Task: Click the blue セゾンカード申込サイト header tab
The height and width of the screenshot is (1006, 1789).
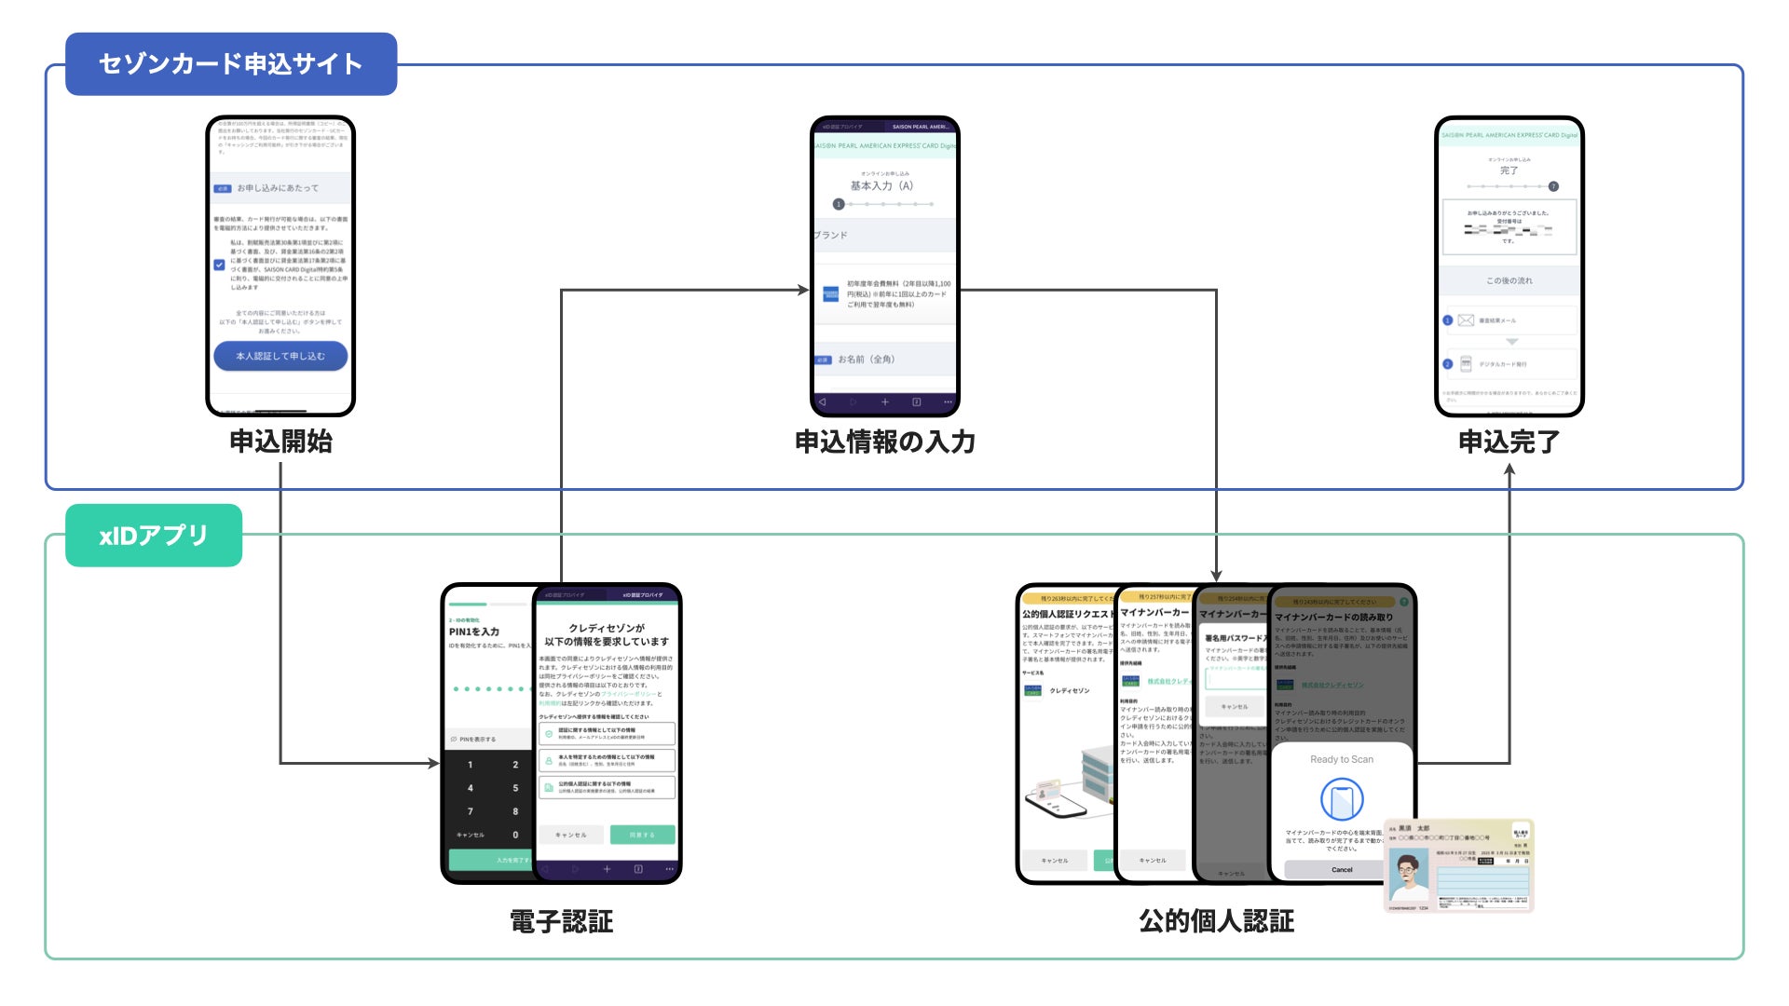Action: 231,64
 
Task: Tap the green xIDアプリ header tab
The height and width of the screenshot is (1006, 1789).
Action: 154,536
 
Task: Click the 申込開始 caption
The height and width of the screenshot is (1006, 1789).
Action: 280,442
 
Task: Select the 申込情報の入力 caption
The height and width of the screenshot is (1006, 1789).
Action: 884,442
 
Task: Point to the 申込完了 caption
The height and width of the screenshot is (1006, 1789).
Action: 1509,442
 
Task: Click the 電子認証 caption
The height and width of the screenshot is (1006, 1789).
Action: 561,921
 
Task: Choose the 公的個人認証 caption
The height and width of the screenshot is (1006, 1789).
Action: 1216,921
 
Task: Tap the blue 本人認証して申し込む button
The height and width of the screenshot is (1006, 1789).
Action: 280,356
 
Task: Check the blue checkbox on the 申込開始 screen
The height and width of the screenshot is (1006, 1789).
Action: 220,265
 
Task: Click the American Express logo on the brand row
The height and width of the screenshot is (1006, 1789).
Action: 831,294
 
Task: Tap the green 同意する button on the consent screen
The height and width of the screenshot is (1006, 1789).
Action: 642,835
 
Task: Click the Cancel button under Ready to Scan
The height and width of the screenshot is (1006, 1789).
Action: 1341,869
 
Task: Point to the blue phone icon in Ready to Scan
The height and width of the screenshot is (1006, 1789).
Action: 1342,799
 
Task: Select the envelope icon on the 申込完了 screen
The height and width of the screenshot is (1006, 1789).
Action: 1466,320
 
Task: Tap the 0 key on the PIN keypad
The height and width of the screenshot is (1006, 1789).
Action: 515,835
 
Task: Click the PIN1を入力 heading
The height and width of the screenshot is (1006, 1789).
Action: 474,632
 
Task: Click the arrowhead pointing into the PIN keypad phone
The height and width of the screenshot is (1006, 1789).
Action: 433,764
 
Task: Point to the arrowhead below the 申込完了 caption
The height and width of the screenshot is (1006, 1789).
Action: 1509,470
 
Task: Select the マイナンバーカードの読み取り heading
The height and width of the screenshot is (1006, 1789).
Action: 1333,617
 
